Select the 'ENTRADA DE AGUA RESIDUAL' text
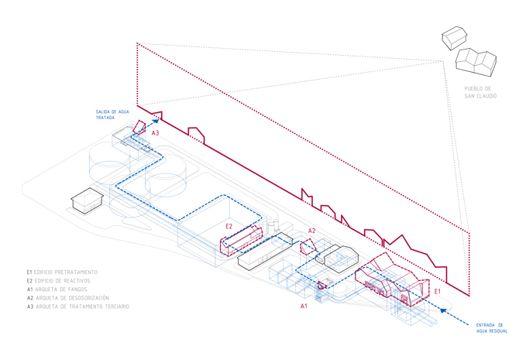coord(492,328)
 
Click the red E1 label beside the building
coord(438,291)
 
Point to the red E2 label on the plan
coord(229,226)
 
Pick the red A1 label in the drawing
coord(304,307)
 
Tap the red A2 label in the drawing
coord(311,231)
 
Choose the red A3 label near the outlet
coord(155,133)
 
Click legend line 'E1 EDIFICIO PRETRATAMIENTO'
coord(62,273)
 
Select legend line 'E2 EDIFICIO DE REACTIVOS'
coord(59,281)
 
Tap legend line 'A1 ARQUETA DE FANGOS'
coord(56,290)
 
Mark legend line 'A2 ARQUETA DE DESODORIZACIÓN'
coord(67,298)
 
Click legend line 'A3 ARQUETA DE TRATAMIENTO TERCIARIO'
coord(77,307)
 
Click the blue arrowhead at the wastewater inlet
coord(443,310)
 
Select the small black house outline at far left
coord(87,201)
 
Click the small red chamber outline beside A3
coord(139,126)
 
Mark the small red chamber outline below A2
coord(308,246)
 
